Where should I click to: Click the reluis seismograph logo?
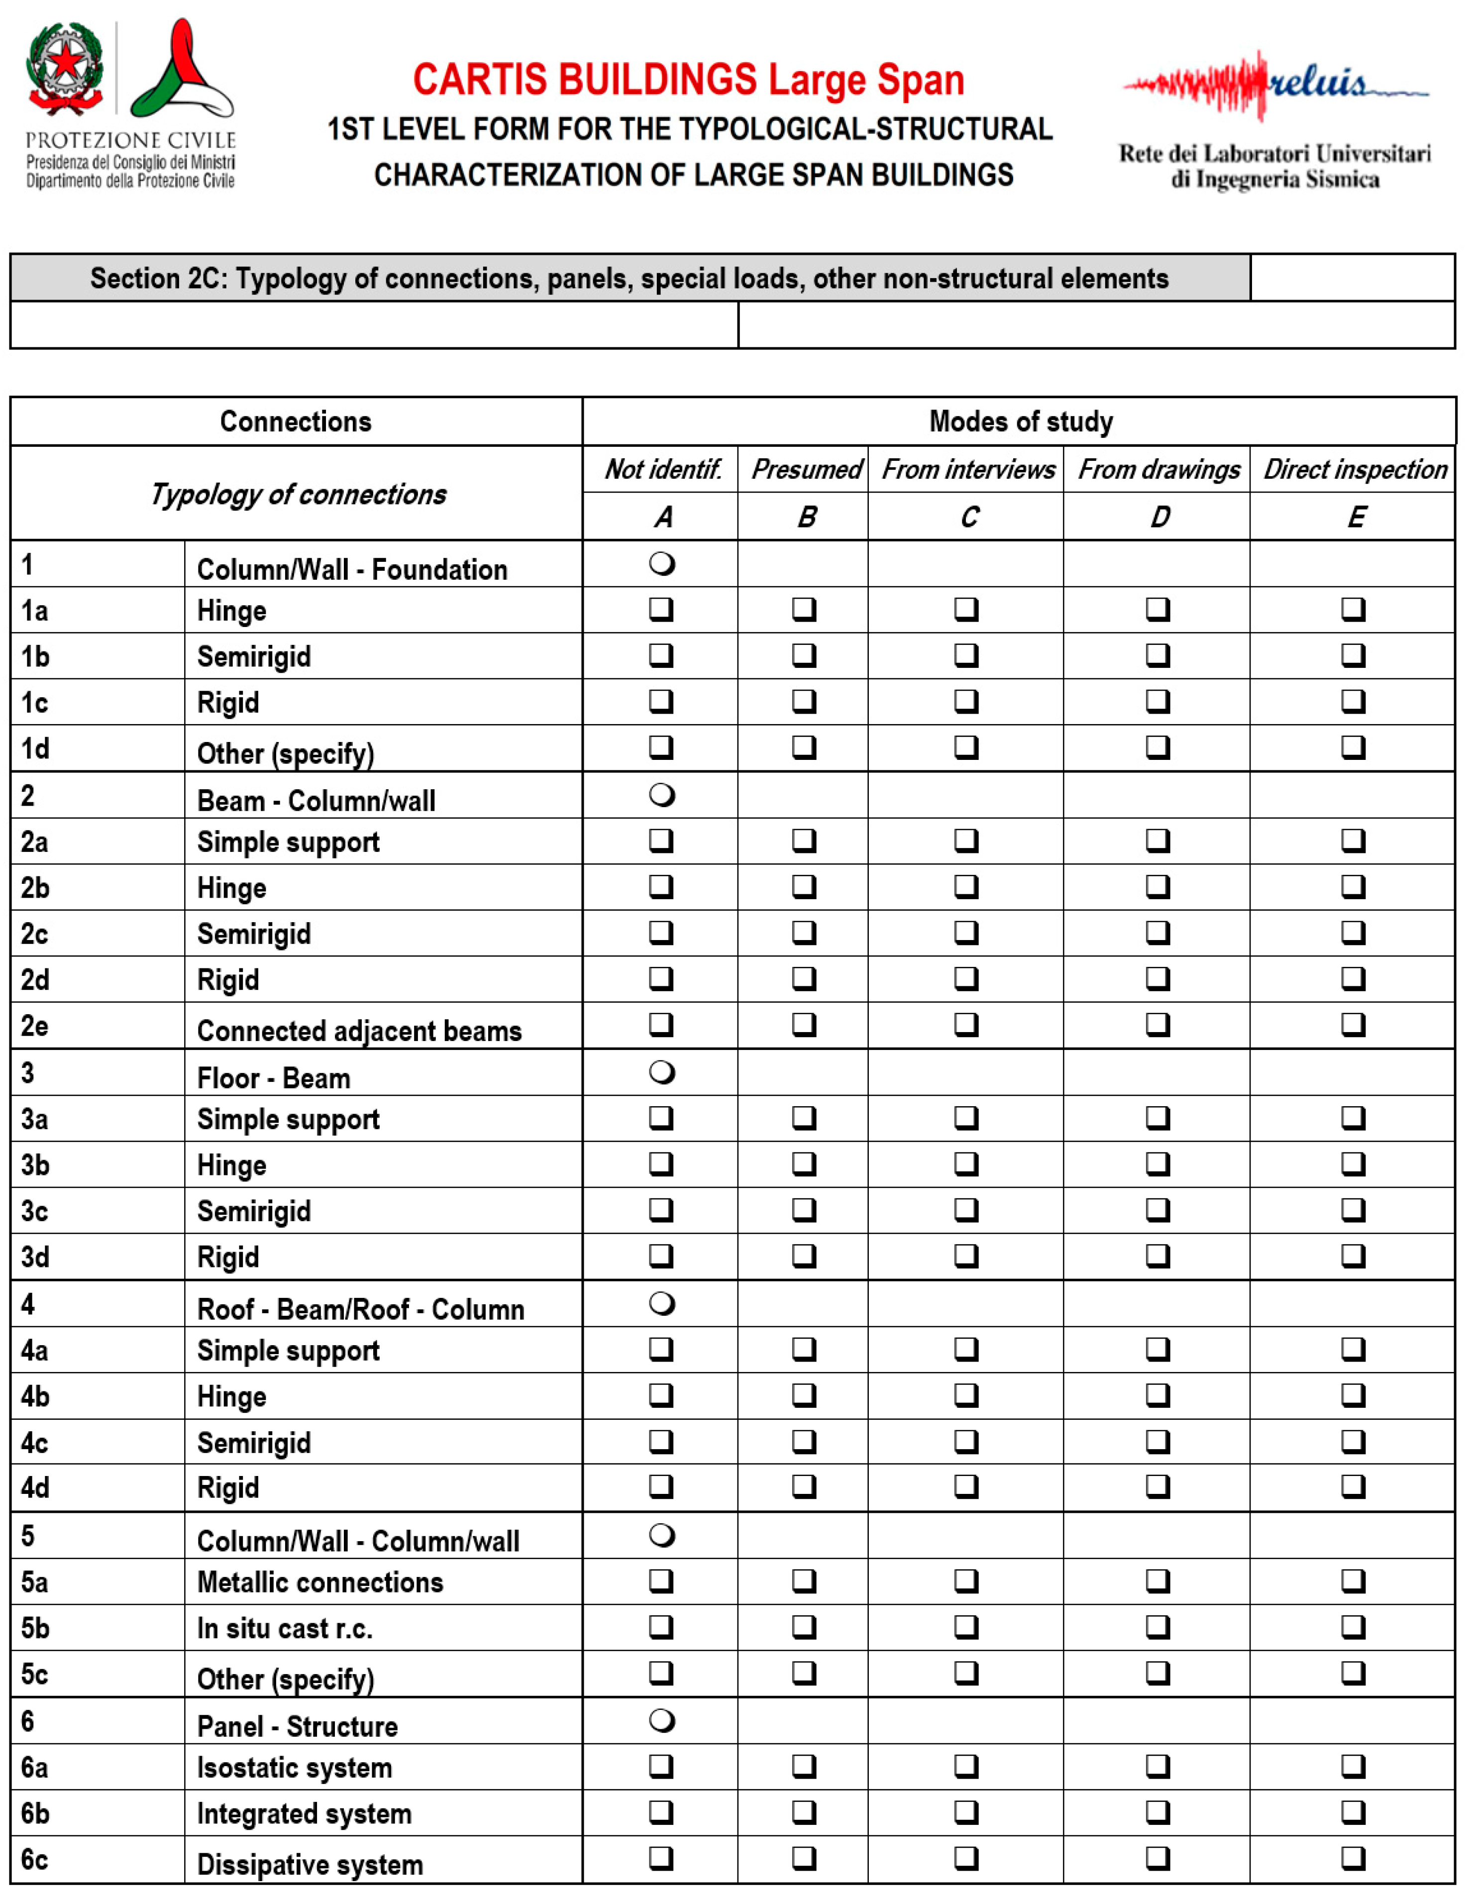pyautogui.click(x=1274, y=85)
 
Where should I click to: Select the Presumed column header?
pyautogui.click(x=805, y=469)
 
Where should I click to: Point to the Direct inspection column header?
pyautogui.click(x=1354, y=469)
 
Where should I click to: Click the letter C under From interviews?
pyautogui.click(x=968, y=517)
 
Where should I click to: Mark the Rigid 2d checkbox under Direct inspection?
pyautogui.click(x=1353, y=979)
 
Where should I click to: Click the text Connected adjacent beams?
pyautogui.click(x=359, y=1031)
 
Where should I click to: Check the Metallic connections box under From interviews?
pyautogui.click(x=966, y=1581)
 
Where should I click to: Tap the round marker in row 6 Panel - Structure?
pyautogui.click(x=662, y=1721)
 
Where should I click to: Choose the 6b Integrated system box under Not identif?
pyautogui.click(x=661, y=1812)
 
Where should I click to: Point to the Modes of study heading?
pyautogui.click(x=1020, y=421)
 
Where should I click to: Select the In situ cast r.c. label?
pyautogui.click(x=285, y=1629)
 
